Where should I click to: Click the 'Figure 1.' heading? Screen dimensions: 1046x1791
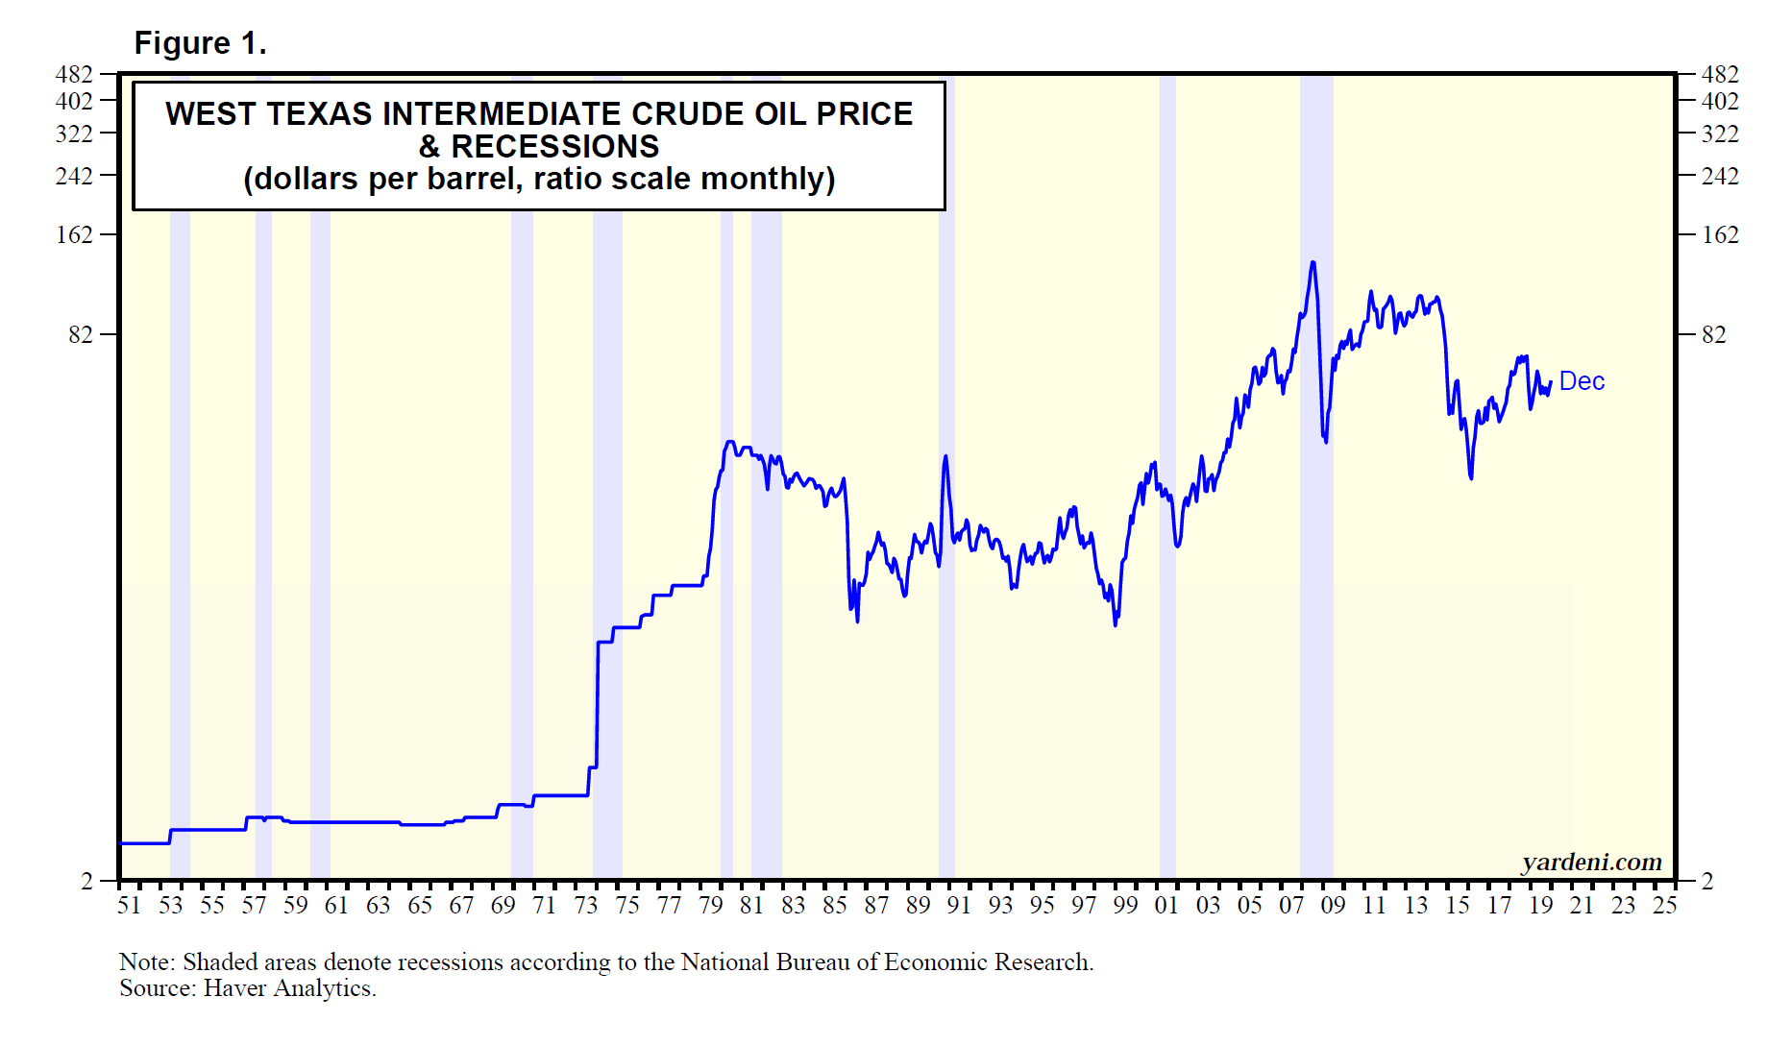pyautogui.click(x=200, y=43)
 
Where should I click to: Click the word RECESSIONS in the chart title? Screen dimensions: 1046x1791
pyautogui.click(x=554, y=147)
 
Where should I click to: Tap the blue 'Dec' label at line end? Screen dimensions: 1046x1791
pyautogui.click(x=1582, y=381)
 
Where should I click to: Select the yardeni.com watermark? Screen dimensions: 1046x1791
pyautogui.click(x=1591, y=862)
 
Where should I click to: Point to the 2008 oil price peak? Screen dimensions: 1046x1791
pyautogui.click(x=1313, y=262)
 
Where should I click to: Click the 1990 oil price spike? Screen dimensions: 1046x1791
pyautogui.click(x=945, y=457)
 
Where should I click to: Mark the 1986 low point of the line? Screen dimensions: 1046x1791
pyautogui.click(x=857, y=620)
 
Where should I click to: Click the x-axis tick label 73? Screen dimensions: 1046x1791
pyautogui.click(x=586, y=906)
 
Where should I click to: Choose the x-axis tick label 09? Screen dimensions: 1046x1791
pyautogui.click(x=1333, y=906)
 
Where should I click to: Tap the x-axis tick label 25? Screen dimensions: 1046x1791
pyautogui.click(x=1664, y=906)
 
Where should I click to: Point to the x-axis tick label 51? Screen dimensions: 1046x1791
pyautogui.click(x=129, y=906)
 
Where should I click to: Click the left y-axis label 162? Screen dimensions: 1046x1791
pyautogui.click(x=74, y=234)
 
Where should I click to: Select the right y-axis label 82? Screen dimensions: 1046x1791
pyautogui.click(x=1713, y=334)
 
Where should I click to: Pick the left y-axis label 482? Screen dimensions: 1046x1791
pyautogui.click(x=74, y=74)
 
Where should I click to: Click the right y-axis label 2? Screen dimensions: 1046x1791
pyautogui.click(x=1706, y=880)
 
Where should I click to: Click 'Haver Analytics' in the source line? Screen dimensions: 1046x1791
pyautogui.click(x=288, y=988)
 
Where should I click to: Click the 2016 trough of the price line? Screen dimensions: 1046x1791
pyautogui.click(x=1471, y=477)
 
